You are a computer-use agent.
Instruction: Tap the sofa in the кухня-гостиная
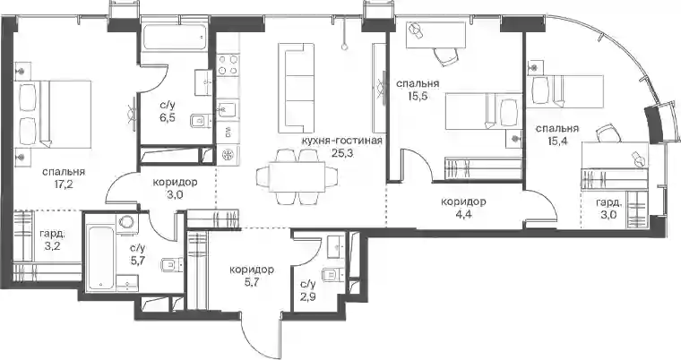(297, 89)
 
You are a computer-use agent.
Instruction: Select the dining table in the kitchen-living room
(297, 177)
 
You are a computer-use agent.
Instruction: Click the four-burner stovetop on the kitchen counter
(228, 64)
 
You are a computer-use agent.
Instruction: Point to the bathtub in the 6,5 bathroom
(174, 38)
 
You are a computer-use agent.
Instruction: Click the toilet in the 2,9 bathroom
(333, 274)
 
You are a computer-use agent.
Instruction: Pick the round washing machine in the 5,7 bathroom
(127, 222)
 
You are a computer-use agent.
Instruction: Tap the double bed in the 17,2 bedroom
(55, 114)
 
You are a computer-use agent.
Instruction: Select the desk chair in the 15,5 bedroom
(445, 56)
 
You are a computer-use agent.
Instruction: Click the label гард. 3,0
(608, 210)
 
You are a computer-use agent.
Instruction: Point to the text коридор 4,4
(463, 208)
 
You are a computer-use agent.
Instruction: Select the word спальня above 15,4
(556, 129)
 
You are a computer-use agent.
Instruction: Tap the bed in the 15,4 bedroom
(566, 91)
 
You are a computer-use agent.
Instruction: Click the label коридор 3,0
(175, 188)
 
